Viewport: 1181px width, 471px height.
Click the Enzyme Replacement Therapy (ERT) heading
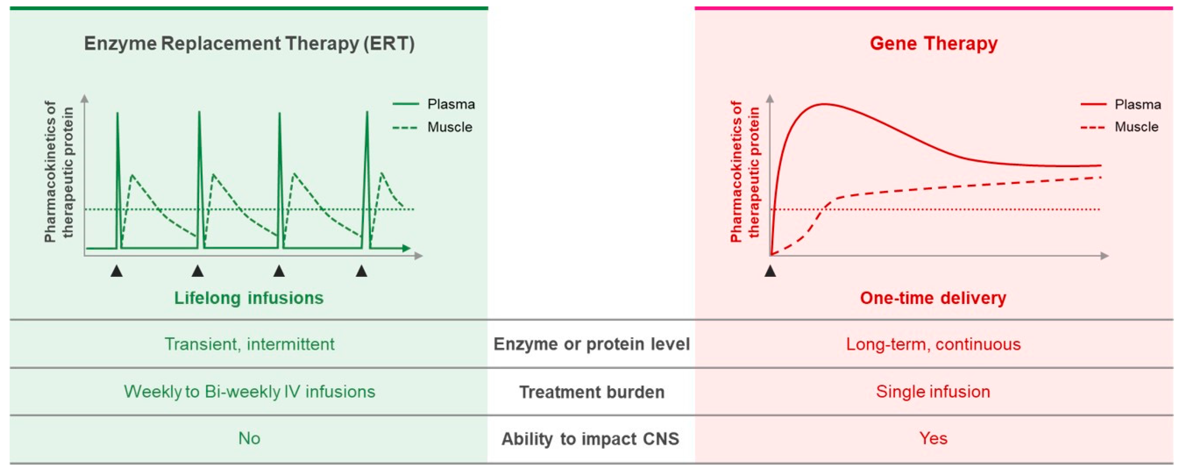pos(249,44)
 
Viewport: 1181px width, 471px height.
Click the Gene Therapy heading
pos(933,44)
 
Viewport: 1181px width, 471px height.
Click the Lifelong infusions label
pos(249,298)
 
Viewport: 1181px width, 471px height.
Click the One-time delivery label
pos(933,298)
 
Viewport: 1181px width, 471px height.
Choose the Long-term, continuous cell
pos(933,344)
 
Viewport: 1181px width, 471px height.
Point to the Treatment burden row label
pos(591,392)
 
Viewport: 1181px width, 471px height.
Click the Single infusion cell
pos(933,392)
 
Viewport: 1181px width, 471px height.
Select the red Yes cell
pos(933,439)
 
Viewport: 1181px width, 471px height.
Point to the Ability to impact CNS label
pos(590,439)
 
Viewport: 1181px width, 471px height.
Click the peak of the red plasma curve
pos(824,104)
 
